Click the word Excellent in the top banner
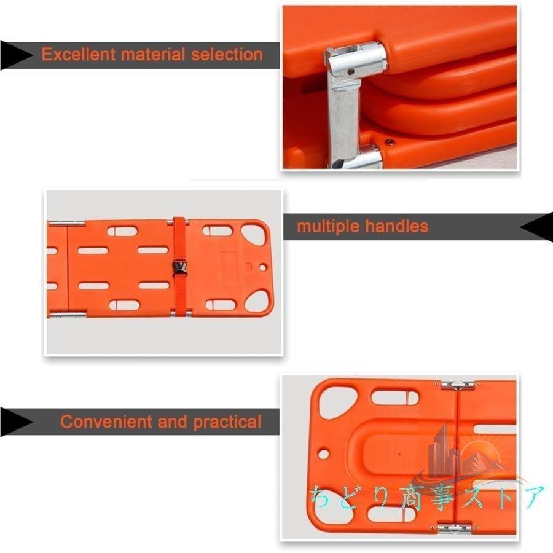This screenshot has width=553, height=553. (78, 54)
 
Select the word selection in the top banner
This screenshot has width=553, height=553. (227, 54)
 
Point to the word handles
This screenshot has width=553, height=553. (396, 226)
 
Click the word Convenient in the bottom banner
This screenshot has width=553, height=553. (106, 422)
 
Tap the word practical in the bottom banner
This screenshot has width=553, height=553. (227, 422)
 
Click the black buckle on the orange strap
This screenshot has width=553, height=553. (179, 267)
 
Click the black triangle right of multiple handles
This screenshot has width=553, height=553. (536, 227)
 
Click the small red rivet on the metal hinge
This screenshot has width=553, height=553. (351, 72)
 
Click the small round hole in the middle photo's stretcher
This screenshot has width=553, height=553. (262, 268)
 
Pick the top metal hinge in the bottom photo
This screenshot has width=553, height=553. (457, 385)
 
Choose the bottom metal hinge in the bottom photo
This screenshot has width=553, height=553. (454, 528)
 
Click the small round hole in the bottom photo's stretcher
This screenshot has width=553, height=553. (323, 453)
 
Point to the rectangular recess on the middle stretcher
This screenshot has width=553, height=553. (230, 266)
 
